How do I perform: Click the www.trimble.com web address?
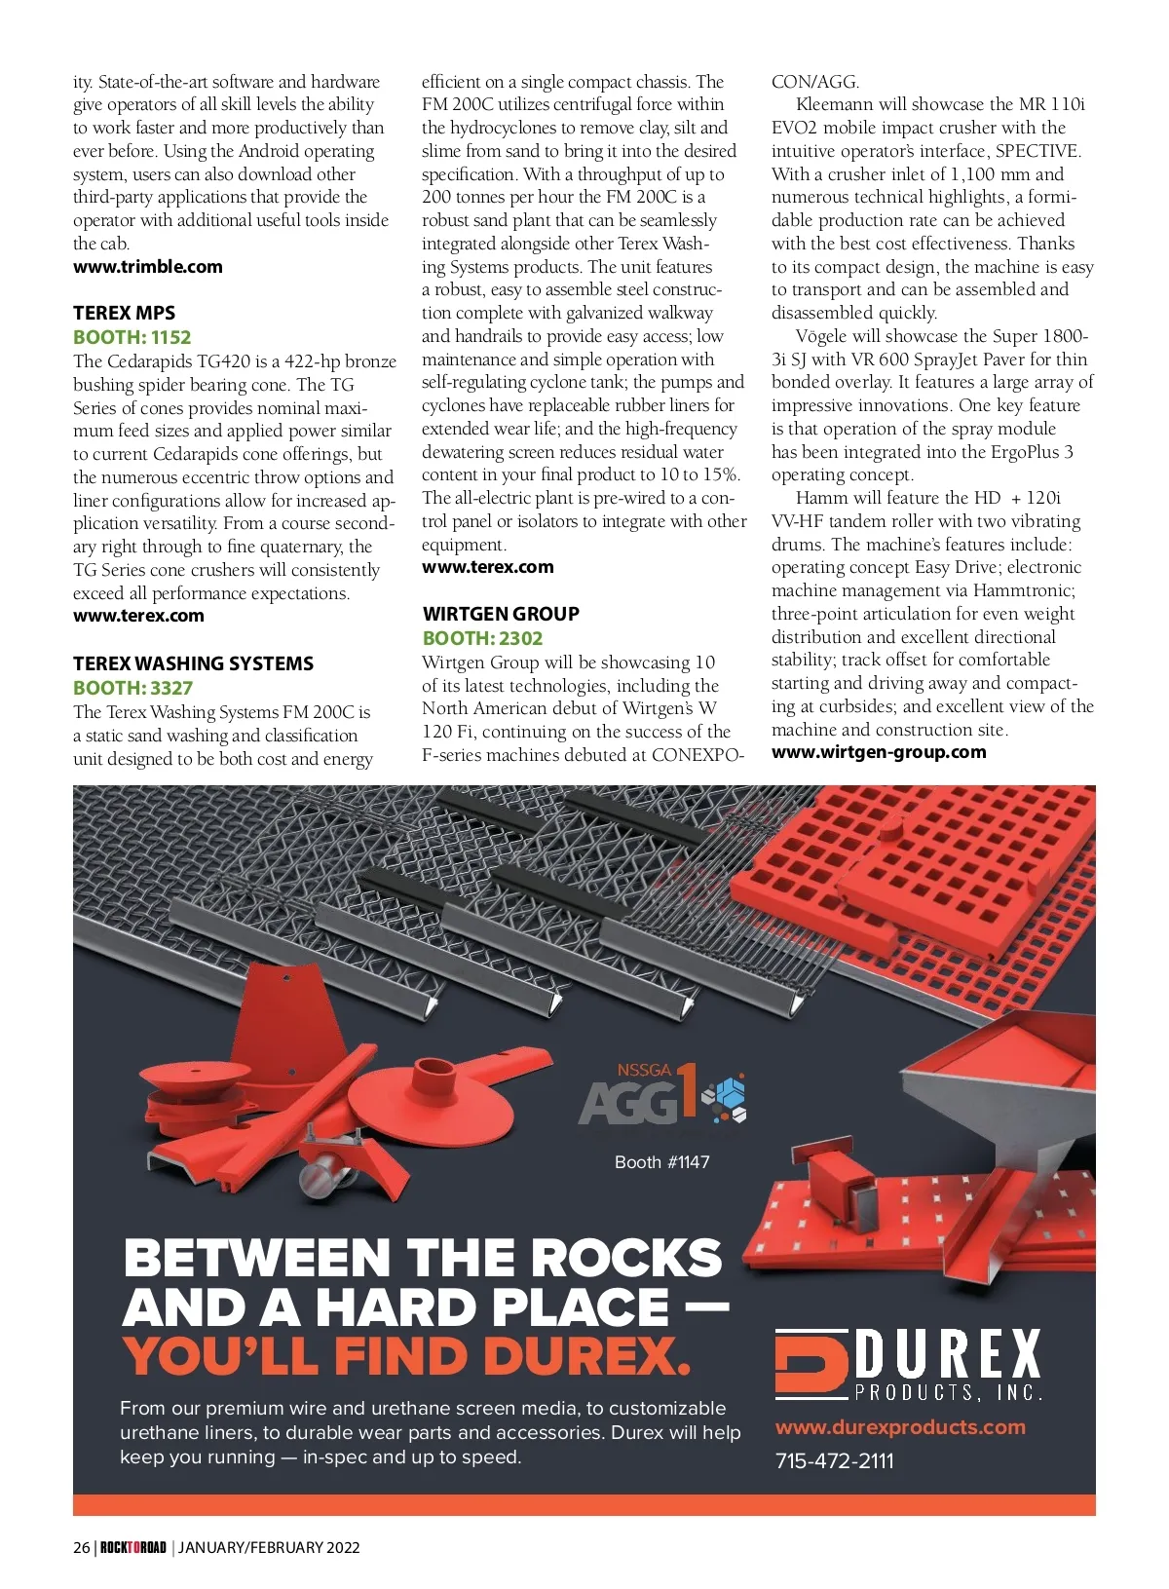click(147, 267)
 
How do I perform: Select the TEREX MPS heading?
click(124, 313)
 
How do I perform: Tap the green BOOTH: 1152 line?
click(132, 337)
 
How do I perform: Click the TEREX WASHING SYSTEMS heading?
click(193, 663)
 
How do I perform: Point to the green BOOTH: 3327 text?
click(132, 688)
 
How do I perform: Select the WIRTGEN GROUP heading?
click(501, 614)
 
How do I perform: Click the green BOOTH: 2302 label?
click(482, 638)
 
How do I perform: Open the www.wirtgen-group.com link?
click(879, 752)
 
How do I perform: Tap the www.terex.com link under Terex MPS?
click(138, 616)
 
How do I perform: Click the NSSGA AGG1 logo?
click(662, 1095)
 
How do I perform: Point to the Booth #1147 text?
click(661, 1162)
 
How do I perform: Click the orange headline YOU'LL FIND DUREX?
click(406, 1355)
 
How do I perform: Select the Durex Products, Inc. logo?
click(908, 1364)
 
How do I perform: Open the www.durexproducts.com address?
click(900, 1427)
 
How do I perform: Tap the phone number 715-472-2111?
click(834, 1460)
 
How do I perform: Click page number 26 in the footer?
click(81, 1547)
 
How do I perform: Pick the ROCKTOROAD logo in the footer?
click(133, 1547)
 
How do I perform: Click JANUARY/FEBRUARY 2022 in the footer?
click(269, 1547)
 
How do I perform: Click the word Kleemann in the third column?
click(835, 104)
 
